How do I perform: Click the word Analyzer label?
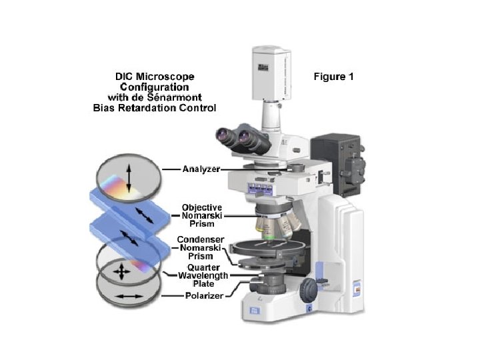click(x=201, y=169)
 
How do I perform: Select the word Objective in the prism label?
click(x=201, y=207)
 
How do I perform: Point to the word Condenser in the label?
click(x=200, y=239)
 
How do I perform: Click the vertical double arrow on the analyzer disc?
click(x=129, y=179)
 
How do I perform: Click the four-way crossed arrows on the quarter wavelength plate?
click(x=122, y=272)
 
